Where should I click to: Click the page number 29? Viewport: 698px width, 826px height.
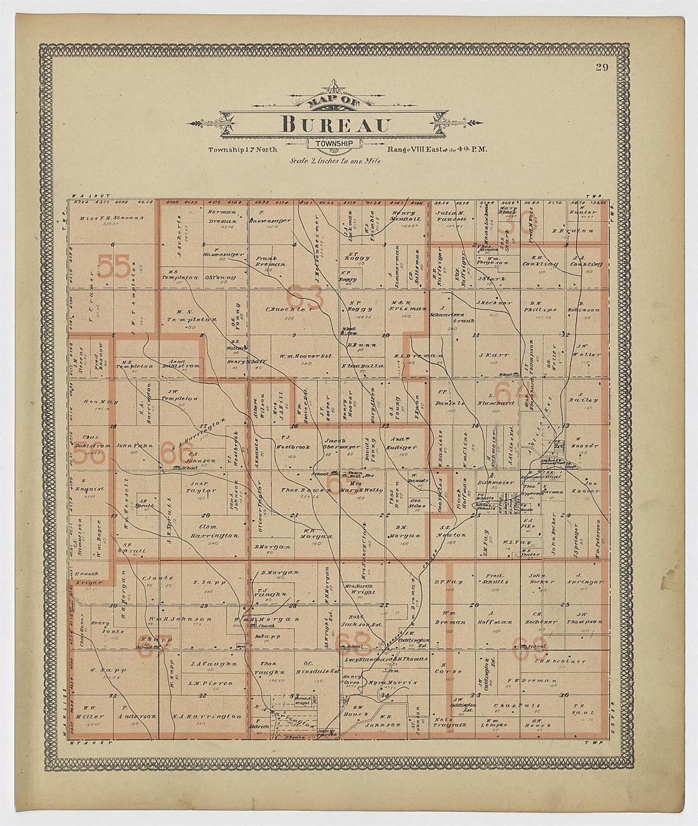click(602, 69)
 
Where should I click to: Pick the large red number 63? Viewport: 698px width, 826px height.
click(304, 295)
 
